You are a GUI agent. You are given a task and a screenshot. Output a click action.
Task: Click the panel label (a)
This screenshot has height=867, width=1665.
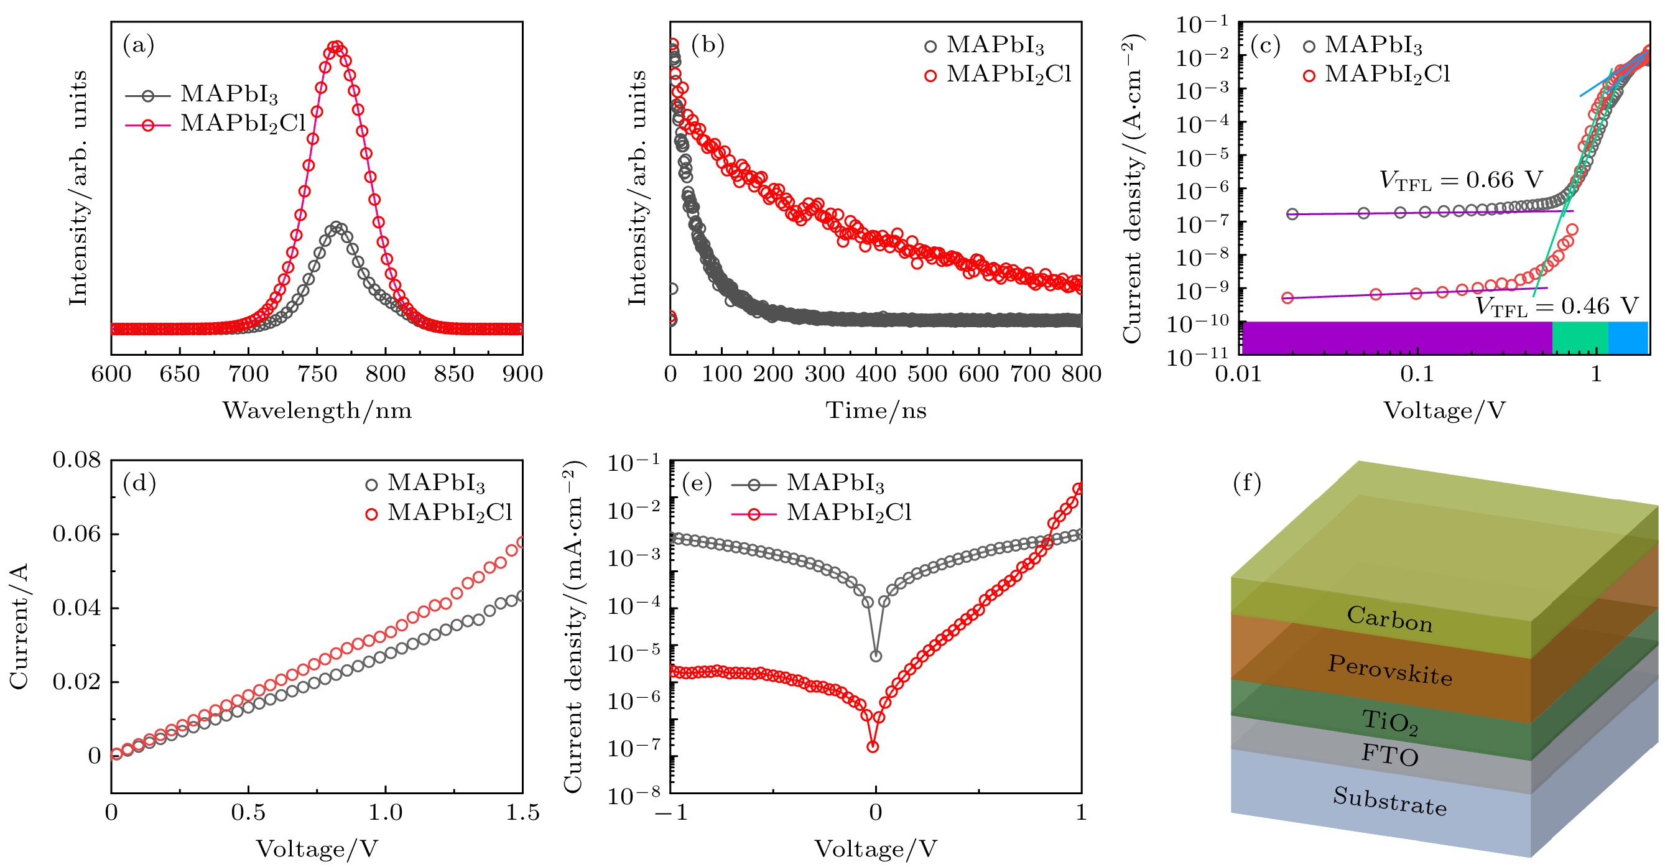tap(138, 45)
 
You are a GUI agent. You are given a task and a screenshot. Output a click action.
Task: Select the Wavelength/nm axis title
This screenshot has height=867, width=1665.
tap(317, 411)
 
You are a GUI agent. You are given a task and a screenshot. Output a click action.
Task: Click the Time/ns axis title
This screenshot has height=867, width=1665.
tap(876, 411)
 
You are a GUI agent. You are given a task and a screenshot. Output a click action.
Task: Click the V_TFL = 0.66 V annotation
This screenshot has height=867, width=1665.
tap(1461, 180)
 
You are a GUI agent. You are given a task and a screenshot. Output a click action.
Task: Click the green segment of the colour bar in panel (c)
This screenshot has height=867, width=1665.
tap(1580, 338)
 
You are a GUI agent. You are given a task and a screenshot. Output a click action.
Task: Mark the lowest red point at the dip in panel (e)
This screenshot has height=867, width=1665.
tap(873, 747)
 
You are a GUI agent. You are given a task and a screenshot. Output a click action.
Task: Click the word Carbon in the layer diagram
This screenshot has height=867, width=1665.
tap(1389, 619)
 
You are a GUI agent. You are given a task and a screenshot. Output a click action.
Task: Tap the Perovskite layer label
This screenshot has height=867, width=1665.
tap(1389, 670)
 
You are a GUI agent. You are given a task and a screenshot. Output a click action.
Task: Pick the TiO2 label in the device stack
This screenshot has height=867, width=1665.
tap(1389, 722)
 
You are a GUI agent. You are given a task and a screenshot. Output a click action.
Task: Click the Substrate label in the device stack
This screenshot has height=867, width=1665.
tap(1389, 802)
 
